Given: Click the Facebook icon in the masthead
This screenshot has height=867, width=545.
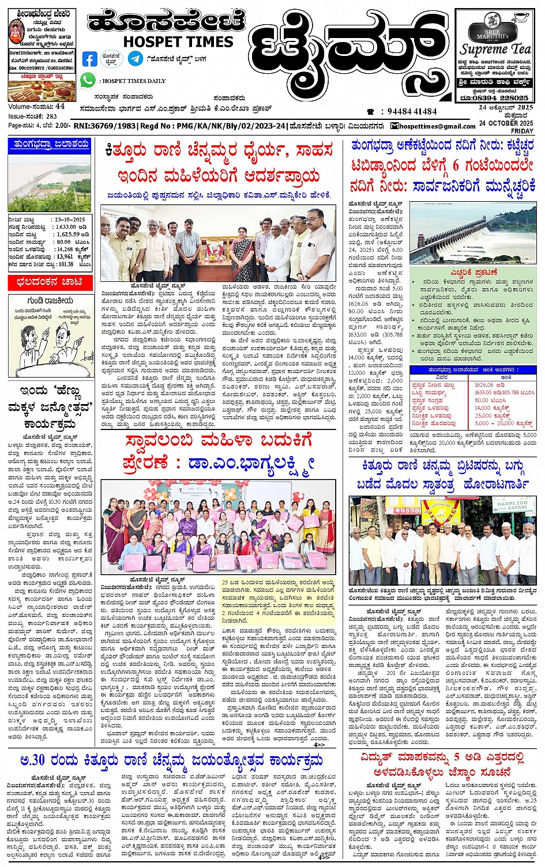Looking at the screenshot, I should point(90,59).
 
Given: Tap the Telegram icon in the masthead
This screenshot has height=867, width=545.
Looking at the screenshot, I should point(136,58).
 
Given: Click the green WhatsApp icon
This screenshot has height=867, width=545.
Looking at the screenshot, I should point(88,80).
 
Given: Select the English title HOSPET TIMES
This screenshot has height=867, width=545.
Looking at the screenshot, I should point(178,42).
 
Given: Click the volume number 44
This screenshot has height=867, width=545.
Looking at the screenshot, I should point(60,107).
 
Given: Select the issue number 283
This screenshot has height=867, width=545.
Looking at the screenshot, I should point(51,116).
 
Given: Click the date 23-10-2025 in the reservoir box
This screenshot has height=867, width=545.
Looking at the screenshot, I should point(70,220).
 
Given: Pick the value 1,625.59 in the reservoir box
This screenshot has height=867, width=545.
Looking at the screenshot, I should point(68,235).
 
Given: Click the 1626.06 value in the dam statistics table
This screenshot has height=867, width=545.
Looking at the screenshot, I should point(486,385).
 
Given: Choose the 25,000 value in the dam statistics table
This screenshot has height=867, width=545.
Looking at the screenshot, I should point(483,415).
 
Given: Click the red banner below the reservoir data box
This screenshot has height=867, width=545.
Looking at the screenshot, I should point(50,282).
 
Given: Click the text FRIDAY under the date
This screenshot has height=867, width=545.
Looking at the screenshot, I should point(522,131).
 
